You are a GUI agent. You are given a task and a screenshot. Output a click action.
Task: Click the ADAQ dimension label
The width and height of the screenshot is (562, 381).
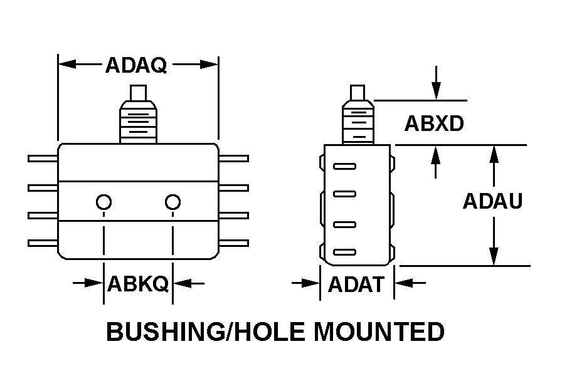[136, 65]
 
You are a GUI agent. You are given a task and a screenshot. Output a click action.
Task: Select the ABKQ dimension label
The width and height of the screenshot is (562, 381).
[138, 284]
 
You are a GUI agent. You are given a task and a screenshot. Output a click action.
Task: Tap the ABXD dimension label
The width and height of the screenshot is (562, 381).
[434, 123]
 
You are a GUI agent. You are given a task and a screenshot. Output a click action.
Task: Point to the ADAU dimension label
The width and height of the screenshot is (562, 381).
[493, 201]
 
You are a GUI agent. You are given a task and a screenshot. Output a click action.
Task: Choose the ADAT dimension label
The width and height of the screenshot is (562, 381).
[356, 284]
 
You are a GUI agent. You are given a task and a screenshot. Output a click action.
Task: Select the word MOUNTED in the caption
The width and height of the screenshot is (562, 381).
[379, 331]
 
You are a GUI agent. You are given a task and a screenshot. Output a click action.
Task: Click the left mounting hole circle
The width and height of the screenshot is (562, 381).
[103, 202]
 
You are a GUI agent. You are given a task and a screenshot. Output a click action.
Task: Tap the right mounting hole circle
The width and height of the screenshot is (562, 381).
[172, 202]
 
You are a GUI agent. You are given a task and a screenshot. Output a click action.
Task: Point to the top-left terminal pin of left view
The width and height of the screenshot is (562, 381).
[43, 159]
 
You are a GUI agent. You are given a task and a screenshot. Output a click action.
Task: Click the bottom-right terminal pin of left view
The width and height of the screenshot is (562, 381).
[234, 243]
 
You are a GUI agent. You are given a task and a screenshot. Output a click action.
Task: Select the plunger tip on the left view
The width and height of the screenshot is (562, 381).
[139, 93]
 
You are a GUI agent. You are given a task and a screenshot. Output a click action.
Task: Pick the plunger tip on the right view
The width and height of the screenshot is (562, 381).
[358, 93]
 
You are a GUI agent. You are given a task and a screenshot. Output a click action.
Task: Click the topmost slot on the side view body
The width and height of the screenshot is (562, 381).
[344, 166]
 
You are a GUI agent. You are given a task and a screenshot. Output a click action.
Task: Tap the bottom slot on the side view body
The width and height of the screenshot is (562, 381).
[344, 252]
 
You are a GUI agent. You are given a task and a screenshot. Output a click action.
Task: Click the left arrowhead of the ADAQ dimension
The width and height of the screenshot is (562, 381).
[67, 65]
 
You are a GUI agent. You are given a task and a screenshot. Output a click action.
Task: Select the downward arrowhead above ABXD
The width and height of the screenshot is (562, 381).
[436, 91]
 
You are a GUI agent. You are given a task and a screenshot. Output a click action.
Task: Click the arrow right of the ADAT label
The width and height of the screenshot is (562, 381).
[410, 283]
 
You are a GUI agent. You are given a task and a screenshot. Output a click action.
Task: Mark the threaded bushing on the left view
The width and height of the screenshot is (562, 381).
[139, 122]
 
